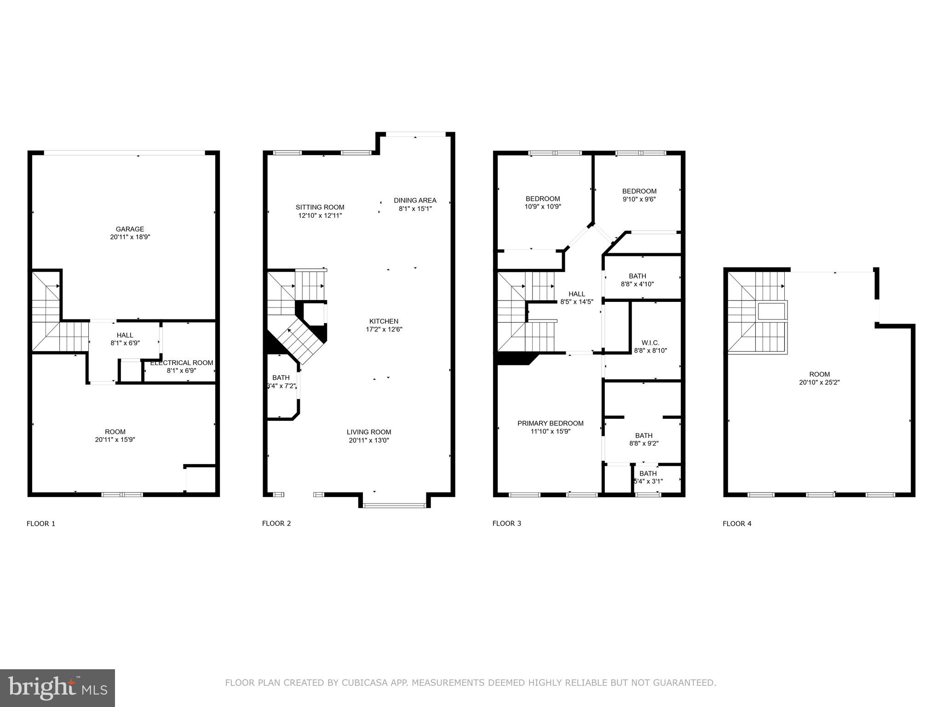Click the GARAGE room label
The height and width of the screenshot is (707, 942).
point(130,229)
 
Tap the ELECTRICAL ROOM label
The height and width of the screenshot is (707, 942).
point(182,363)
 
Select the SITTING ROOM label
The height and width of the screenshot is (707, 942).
point(320,207)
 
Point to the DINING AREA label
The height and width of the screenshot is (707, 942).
point(415,200)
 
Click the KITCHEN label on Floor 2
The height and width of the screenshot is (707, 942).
point(384,321)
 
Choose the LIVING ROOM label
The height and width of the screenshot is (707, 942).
point(369,432)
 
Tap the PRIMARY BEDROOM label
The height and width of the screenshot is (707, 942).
point(550,423)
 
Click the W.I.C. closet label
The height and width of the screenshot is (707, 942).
point(650,343)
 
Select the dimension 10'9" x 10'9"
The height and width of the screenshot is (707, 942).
point(543,207)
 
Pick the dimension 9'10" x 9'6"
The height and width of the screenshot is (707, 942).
point(639,199)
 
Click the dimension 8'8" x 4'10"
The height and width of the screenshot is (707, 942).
point(638,284)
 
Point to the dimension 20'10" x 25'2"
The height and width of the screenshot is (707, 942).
point(819,382)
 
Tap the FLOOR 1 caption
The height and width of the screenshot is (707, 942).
point(41,523)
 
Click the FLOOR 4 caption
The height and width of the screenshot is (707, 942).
point(737,523)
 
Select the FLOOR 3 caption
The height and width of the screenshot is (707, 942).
point(506,523)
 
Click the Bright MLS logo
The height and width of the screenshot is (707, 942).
point(57,687)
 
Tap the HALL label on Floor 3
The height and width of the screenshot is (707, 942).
point(577,294)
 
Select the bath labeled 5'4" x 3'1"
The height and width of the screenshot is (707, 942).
point(648,477)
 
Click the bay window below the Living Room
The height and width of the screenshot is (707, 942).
point(394,505)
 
